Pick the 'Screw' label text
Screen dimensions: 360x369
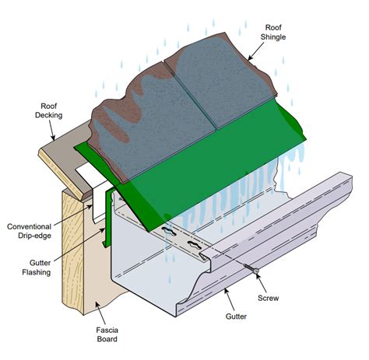tap(269, 297)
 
